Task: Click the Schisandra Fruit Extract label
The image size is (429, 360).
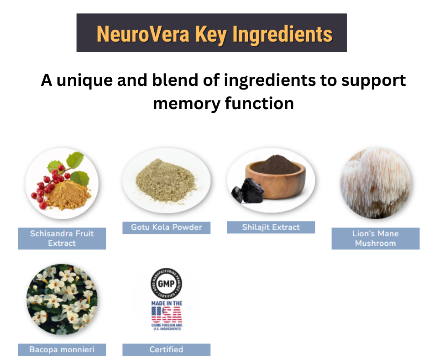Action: point(62,238)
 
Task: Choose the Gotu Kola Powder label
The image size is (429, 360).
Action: point(166,228)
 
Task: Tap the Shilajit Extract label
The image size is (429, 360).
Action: point(271,227)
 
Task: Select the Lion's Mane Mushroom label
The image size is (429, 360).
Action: point(375,238)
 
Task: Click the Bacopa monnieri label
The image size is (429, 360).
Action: point(62,350)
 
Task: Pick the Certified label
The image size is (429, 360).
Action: point(166,350)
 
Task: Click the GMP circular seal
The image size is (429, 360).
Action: point(166,284)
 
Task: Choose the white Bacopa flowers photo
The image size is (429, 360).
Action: point(62,299)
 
